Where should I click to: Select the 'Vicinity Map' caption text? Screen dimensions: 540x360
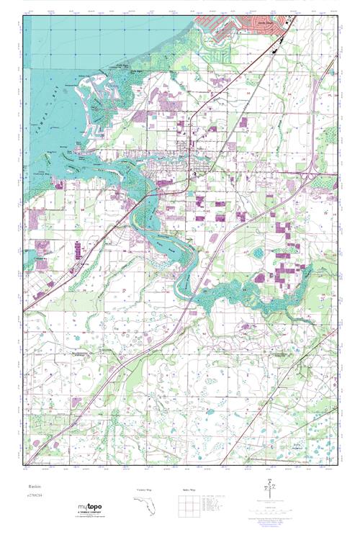[145, 490]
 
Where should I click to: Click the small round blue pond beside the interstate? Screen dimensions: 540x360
[257, 253]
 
